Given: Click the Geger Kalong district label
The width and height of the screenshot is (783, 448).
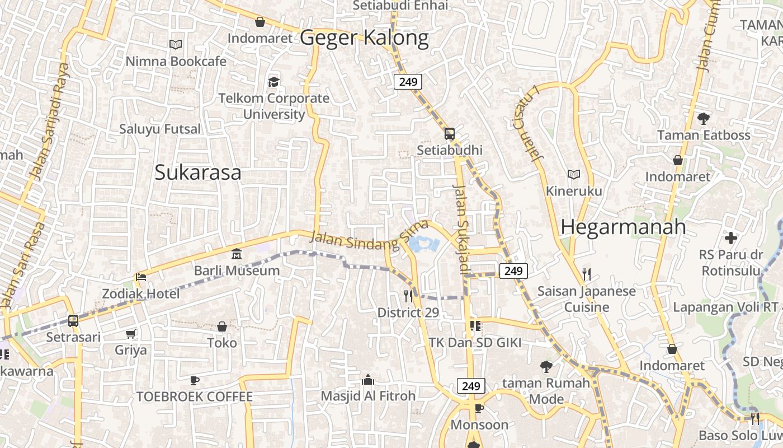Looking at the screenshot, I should [x=364, y=38].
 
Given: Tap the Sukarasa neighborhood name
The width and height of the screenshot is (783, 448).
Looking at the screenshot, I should [x=198, y=172].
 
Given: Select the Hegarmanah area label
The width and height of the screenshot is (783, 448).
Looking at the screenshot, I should [x=623, y=227].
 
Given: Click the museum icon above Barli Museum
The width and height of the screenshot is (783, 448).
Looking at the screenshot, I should [x=236, y=255].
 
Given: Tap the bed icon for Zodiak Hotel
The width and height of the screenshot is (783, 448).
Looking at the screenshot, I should [x=141, y=278].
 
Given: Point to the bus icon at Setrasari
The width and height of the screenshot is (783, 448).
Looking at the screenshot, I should [x=73, y=321].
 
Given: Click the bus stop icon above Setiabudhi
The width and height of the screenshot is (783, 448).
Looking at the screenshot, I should [x=450, y=134].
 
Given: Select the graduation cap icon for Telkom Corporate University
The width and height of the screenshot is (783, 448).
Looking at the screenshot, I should [x=273, y=82].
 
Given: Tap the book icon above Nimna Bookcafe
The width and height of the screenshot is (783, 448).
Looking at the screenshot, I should [x=176, y=44].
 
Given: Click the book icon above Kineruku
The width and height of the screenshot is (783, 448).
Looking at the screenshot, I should [x=574, y=175].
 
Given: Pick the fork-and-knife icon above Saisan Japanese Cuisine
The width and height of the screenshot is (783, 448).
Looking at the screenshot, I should [x=586, y=274].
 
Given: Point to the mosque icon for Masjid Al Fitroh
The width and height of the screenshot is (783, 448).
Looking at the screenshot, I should [x=368, y=380].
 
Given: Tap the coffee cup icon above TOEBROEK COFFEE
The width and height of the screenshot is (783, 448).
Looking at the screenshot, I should [x=195, y=381].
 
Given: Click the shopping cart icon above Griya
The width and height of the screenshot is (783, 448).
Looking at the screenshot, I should [x=131, y=334].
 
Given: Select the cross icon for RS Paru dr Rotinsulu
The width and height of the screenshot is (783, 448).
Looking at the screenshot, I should [x=731, y=238].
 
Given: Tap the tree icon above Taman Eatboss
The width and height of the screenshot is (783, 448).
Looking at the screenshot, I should [x=704, y=118].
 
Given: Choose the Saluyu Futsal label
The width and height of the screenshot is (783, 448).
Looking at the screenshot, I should [x=160, y=129].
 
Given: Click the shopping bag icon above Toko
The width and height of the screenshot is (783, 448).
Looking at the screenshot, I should [x=222, y=326].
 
